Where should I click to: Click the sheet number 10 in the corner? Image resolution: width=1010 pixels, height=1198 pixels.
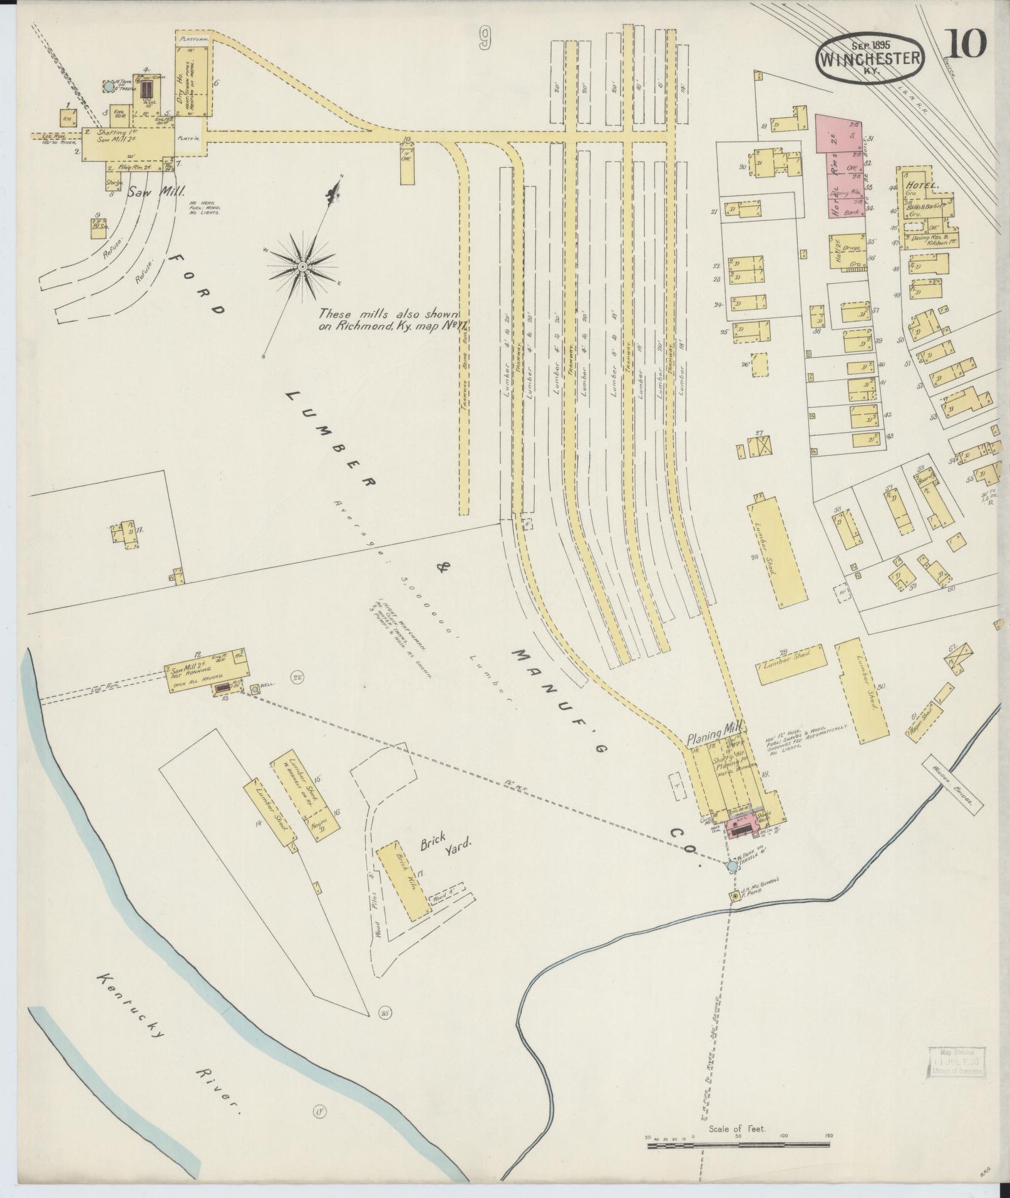[966, 44]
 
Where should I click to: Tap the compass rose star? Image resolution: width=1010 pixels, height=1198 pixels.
[302, 267]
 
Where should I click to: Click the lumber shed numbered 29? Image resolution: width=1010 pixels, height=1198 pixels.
[790, 664]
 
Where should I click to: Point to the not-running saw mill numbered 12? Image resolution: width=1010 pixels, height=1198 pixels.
[207, 670]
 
